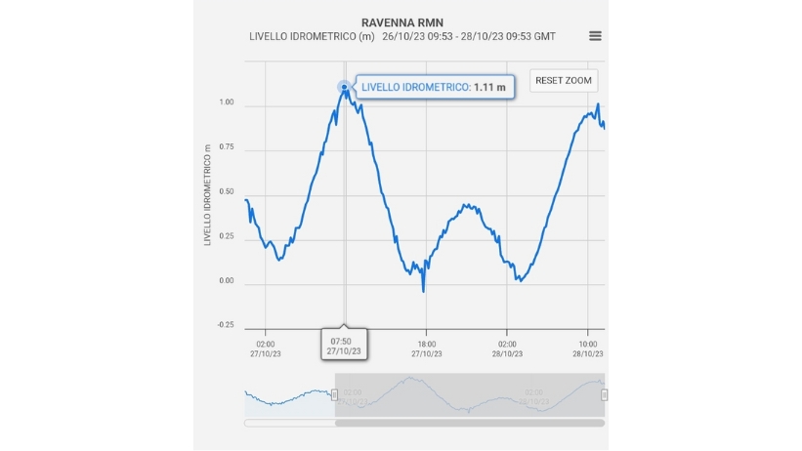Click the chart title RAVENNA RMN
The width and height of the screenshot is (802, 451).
(402, 20)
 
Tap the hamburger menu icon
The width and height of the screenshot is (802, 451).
(595, 36)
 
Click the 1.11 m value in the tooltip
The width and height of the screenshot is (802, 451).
(488, 87)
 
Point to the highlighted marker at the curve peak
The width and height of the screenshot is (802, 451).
(344, 87)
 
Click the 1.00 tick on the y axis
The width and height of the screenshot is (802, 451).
(227, 102)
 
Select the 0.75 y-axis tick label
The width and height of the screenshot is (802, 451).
(227, 147)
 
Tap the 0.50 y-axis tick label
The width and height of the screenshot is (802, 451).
(227, 192)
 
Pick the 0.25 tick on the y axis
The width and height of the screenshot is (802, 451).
(227, 237)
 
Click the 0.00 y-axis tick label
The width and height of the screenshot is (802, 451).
(227, 282)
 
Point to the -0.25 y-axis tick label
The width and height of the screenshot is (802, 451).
(225, 326)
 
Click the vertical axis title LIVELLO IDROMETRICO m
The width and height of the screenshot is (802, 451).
(208, 195)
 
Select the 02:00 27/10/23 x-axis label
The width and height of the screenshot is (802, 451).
(266, 348)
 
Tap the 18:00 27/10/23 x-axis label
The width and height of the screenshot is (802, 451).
(425, 348)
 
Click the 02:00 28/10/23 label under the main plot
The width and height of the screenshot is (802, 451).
(507, 348)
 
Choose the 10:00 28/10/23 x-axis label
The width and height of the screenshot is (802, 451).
(587, 348)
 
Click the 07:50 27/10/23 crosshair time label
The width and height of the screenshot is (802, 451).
(345, 345)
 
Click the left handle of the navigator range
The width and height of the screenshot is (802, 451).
(335, 394)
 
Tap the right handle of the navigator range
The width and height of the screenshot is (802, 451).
(604, 394)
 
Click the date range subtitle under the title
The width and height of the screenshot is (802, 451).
(402, 36)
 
